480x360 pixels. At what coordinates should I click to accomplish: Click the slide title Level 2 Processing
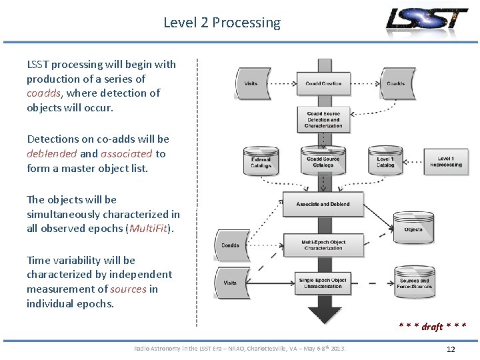pyautogui.click(x=222, y=23)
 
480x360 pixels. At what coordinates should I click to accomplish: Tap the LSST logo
pyautogui.click(x=427, y=20)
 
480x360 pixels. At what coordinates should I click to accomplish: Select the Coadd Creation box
pyautogui.click(x=323, y=84)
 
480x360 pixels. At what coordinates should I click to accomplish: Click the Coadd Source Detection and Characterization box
pyautogui.click(x=323, y=120)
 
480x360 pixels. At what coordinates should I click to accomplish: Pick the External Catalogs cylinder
pyautogui.click(x=261, y=161)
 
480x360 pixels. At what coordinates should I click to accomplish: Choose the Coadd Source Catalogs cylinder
pyautogui.click(x=323, y=161)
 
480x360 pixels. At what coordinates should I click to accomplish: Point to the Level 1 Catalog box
pyautogui.click(x=386, y=161)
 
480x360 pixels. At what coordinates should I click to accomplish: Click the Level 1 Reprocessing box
pyautogui.click(x=445, y=161)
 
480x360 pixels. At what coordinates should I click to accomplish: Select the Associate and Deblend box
pyautogui.click(x=323, y=204)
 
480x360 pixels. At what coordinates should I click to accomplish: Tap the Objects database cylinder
pyautogui.click(x=413, y=227)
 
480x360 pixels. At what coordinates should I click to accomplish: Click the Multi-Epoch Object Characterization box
pyautogui.click(x=323, y=245)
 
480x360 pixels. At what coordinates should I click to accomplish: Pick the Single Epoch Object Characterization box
pyautogui.click(x=323, y=283)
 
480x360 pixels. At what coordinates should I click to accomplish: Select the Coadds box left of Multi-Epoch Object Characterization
pyautogui.click(x=231, y=245)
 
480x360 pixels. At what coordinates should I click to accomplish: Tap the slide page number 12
pyautogui.click(x=451, y=349)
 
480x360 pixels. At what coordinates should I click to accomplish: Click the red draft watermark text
pyautogui.click(x=432, y=327)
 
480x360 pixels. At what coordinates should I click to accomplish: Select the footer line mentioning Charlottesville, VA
pyautogui.click(x=240, y=349)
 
